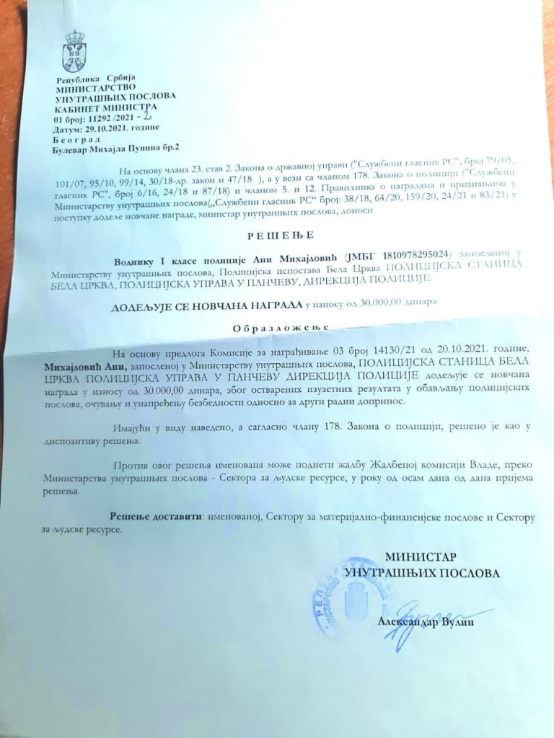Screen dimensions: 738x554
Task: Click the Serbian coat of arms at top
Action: point(74,47)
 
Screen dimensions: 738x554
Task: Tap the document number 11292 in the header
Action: point(97,118)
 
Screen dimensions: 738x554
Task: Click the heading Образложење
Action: point(276,326)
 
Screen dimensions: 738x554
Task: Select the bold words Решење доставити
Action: point(152,517)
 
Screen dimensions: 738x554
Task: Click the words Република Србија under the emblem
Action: point(90,79)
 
